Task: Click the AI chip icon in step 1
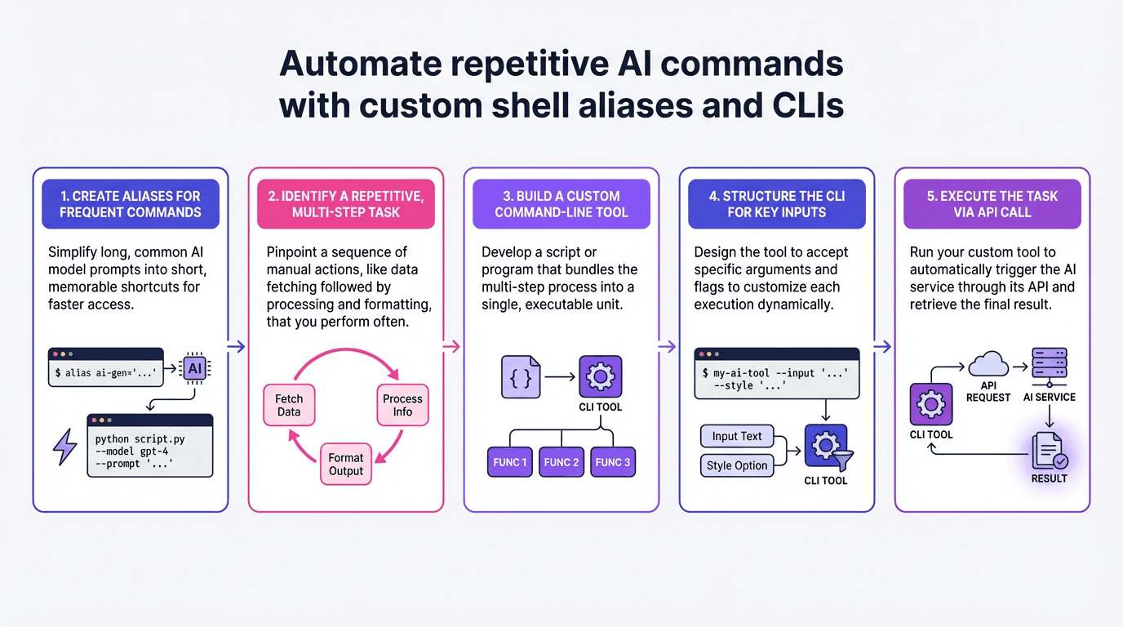pyautogui.click(x=194, y=369)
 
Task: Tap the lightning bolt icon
pyautogui.click(x=64, y=447)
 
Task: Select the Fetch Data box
pyautogui.click(x=289, y=405)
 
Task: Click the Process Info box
pyautogui.click(x=402, y=405)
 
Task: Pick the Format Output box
pyautogui.click(x=346, y=464)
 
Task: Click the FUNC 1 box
pyautogui.click(x=510, y=462)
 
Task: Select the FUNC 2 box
pyautogui.click(x=561, y=462)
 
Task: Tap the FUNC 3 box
pyautogui.click(x=613, y=462)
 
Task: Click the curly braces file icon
pyautogui.click(x=521, y=376)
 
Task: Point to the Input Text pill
pyautogui.click(x=737, y=436)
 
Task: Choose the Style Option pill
pyautogui.click(x=737, y=465)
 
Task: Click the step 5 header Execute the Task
pyautogui.click(x=992, y=204)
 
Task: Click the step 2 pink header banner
pyautogui.click(x=346, y=204)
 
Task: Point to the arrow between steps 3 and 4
pyautogui.click(x=668, y=347)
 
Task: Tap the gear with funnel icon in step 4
pyautogui.click(x=826, y=447)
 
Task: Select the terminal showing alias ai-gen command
pyautogui.click(x=105, y=367)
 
